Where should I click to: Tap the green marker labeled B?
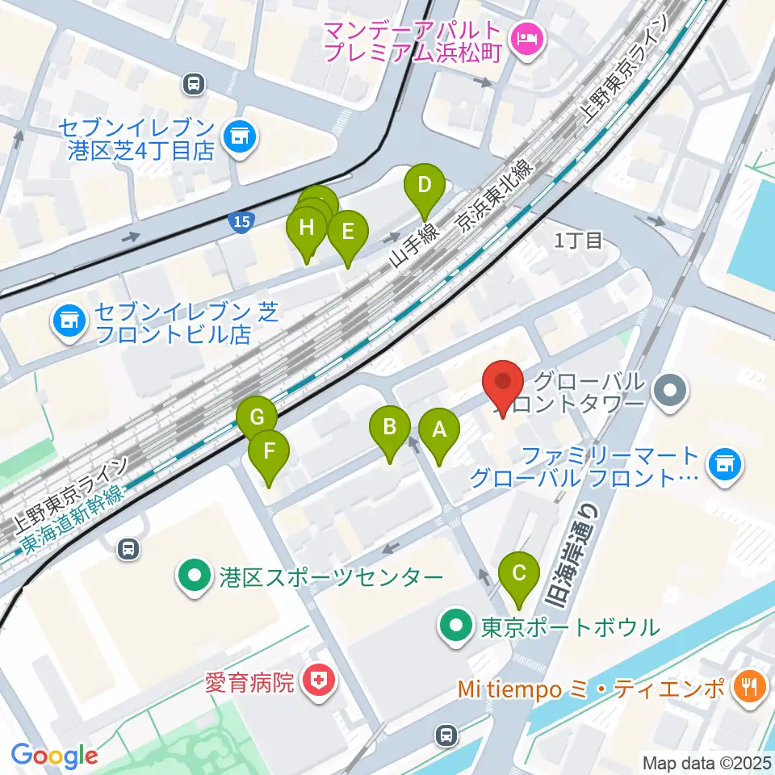click(x=390, y=427)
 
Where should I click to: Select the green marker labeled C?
click(x=519, y=574)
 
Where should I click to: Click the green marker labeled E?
click(x=348, y=232)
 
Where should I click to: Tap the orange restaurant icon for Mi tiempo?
click(x=746, y=687)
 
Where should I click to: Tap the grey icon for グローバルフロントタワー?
click(x=670, y=392)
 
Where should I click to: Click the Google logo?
click(x=55, y=756)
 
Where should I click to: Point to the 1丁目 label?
click(x=578, y=240)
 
